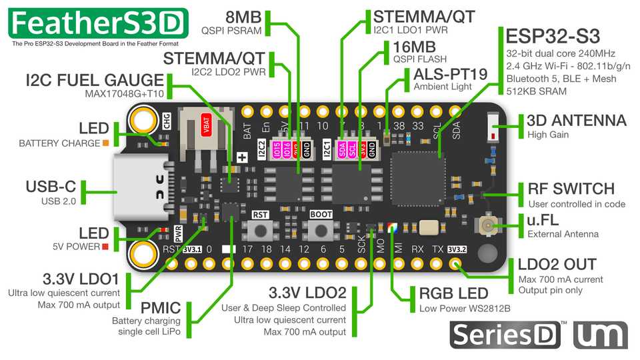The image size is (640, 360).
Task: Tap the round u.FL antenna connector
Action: (489, 226)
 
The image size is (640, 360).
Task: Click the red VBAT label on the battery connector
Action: (207, 131)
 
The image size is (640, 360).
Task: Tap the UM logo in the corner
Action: (600, 334)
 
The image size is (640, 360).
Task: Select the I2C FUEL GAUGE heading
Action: (95, 80)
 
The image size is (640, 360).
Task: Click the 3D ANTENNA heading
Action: (577, 121)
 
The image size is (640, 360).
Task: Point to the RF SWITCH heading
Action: (571, 189)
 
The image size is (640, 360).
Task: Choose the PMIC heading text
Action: (161, 307)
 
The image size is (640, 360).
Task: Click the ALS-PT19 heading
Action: (451, 73)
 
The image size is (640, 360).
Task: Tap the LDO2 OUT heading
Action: (557, 265)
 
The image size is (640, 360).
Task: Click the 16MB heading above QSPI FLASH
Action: (415, 47)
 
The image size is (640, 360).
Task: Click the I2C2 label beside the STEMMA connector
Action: (262, 148)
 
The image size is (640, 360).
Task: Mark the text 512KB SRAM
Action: (536, 91)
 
